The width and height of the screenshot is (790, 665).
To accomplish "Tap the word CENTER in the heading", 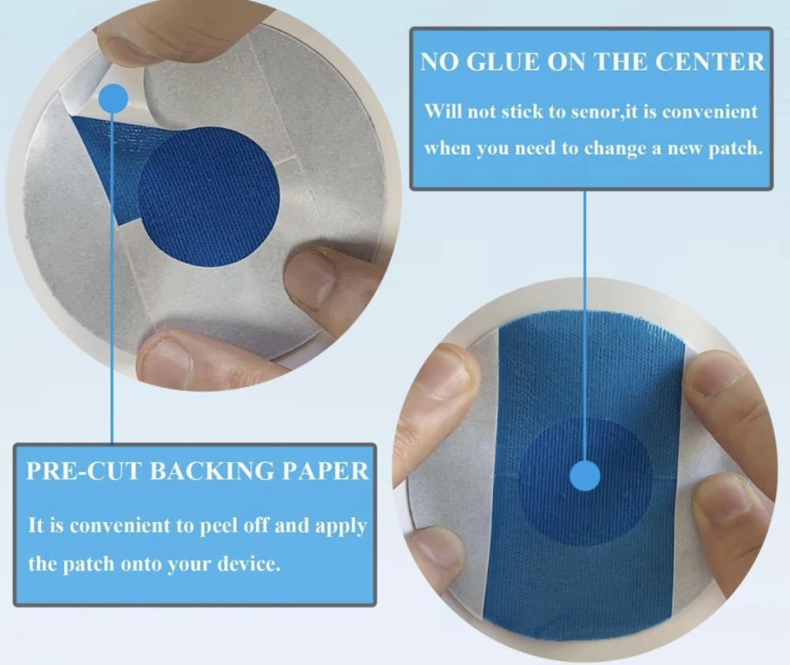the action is pos(709,62).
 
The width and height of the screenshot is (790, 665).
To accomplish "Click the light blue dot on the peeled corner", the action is pos(113,97).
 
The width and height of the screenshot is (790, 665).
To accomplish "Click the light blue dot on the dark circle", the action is pos(585,476).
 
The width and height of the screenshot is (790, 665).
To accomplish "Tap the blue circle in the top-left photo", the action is pos(208,197).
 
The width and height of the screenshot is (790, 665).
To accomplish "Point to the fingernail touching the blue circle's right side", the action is pos(309,279).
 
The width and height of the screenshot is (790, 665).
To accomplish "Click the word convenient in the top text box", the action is pos(709,112).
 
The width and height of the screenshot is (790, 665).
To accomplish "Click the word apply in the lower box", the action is pos(341,527).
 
